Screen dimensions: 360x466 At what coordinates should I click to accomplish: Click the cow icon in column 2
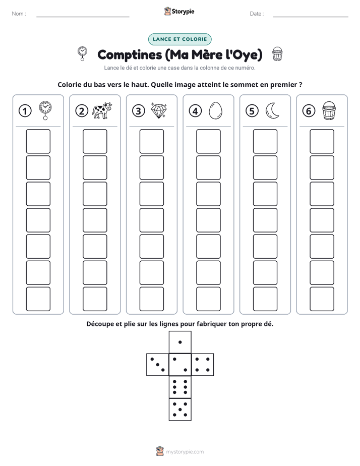click(102, 110)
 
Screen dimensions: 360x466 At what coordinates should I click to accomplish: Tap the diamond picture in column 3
click(159, 111)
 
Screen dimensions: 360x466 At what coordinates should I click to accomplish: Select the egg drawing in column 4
click(215, 111)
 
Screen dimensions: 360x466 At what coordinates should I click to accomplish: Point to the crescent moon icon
click(272, 110)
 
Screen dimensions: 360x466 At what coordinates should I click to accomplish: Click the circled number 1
click(25, 111)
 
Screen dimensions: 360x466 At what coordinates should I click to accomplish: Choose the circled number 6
click(309, 111)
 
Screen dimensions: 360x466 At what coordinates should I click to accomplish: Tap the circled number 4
click(195, 111)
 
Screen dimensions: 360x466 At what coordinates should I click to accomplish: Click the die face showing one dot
click(180, 342)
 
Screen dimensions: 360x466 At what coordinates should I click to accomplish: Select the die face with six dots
click(180, 387)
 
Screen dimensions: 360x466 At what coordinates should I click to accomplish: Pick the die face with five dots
click(180, 410)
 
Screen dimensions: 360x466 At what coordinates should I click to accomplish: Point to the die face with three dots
click(158, 364)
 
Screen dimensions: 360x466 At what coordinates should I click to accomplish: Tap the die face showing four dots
click(203, 364)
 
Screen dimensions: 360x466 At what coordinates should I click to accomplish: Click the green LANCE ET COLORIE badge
click(179, 39)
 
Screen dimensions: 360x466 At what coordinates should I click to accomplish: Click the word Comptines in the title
click(130, 55)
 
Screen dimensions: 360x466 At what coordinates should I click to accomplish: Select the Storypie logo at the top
click(179, 11)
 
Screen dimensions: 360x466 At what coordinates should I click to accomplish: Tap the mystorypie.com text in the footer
click(185, 452)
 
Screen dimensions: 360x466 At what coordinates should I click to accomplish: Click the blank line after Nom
click(83, 17)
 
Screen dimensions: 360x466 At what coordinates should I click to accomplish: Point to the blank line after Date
click(311, 17)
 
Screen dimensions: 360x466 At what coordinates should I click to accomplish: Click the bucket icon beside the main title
click(277, 54)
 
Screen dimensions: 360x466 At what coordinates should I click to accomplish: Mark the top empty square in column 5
click(265, 141)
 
